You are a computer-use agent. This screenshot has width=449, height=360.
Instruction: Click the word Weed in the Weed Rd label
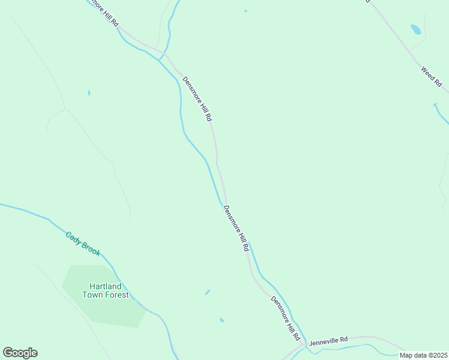tap(428, 73)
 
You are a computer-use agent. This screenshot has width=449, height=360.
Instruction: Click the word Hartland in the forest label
tap(106, 286)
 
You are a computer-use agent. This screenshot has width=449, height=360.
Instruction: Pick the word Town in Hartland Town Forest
tap(94, 295)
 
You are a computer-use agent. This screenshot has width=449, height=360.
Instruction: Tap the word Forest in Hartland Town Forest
tap(117, 295)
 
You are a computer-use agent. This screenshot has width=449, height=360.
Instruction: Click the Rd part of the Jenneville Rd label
tap(343, 340)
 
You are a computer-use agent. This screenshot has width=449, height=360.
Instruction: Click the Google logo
tap(20, 353)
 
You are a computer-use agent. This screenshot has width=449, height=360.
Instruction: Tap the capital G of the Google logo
tap(8, 352)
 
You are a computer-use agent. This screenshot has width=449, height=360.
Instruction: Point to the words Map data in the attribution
tap(412, 355)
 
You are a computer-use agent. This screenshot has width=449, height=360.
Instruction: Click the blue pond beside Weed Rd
tap(415, 29)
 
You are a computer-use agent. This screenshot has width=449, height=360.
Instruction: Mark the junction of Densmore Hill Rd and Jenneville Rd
tap(306, 344)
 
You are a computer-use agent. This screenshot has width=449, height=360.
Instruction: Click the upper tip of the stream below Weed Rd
tap(435, 105)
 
